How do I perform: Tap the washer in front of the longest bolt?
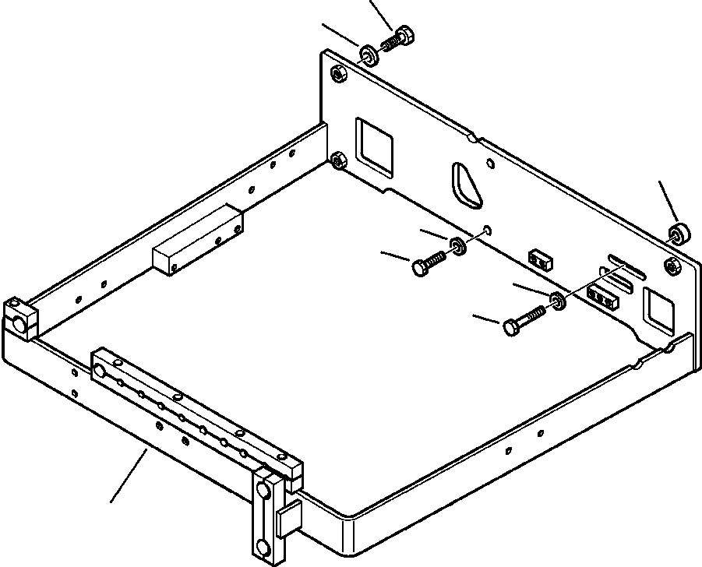558,301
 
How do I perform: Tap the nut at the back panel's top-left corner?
339,74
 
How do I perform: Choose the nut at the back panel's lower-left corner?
340,161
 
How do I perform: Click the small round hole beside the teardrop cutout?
489,164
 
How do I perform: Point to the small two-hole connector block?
539,259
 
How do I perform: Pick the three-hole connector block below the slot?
603,295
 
